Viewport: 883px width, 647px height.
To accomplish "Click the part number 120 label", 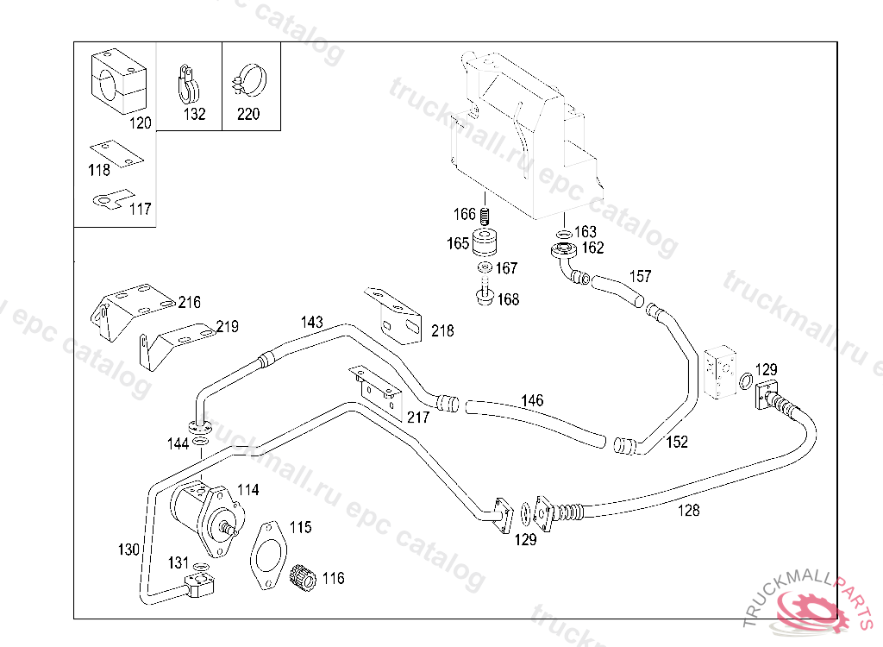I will pos(141,122).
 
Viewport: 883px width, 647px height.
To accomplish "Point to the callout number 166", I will pos(465,214).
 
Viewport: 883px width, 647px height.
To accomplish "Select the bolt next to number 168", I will pos(483,298).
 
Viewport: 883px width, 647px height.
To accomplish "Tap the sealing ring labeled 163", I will pos(563,233).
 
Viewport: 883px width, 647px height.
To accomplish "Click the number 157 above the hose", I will pos(640,277).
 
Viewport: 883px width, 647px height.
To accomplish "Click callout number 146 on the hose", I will pos(532,400).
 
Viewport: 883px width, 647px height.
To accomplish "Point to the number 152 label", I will pos(677,443).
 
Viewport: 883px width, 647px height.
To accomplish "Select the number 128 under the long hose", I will pos(689,511).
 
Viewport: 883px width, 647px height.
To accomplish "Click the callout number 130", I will pos(128,550).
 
